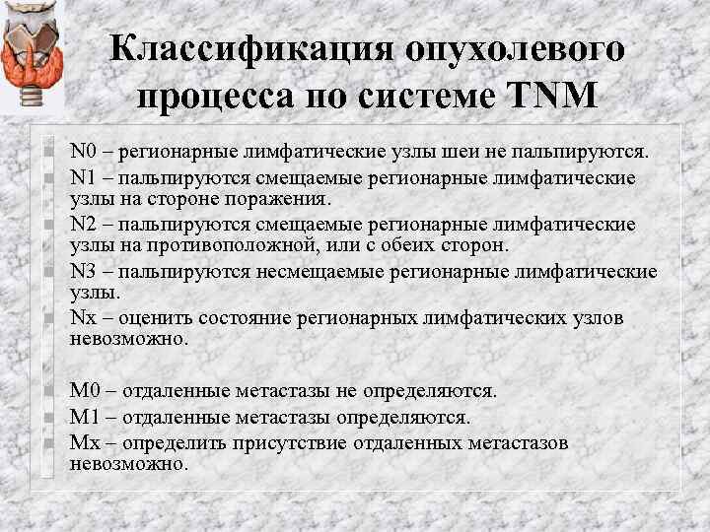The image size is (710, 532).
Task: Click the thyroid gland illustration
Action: (33, 55)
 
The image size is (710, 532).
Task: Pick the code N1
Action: (83, 178)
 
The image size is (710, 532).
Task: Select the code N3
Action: (83, 272)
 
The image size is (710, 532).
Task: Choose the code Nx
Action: (83, 318)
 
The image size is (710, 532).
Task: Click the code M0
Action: (85, 392)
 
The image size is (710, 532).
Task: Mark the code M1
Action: (85, 418)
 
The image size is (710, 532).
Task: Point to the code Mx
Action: (85, 443)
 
